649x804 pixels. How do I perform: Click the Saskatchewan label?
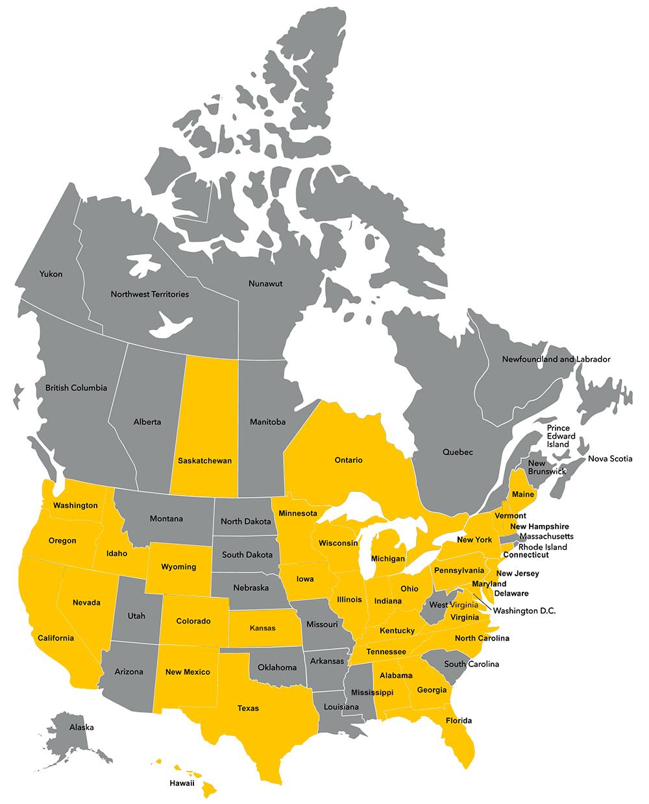coord(204,461)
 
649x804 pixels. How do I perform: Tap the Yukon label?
coord(51,274)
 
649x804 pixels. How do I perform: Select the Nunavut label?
coord(265,284)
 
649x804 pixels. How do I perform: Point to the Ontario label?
coord(349,460)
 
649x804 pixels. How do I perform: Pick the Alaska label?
coord(82,727)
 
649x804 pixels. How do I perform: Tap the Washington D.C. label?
coord(524,611)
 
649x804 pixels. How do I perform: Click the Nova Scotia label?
coord(609,459)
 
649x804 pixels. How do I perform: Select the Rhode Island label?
coord(543,547)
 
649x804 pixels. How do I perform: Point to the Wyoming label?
coord(179,566)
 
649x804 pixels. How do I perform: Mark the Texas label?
coord(248,708)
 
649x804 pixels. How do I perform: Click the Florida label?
coord(459,720)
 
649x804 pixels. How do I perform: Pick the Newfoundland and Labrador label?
coord(556,359)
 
